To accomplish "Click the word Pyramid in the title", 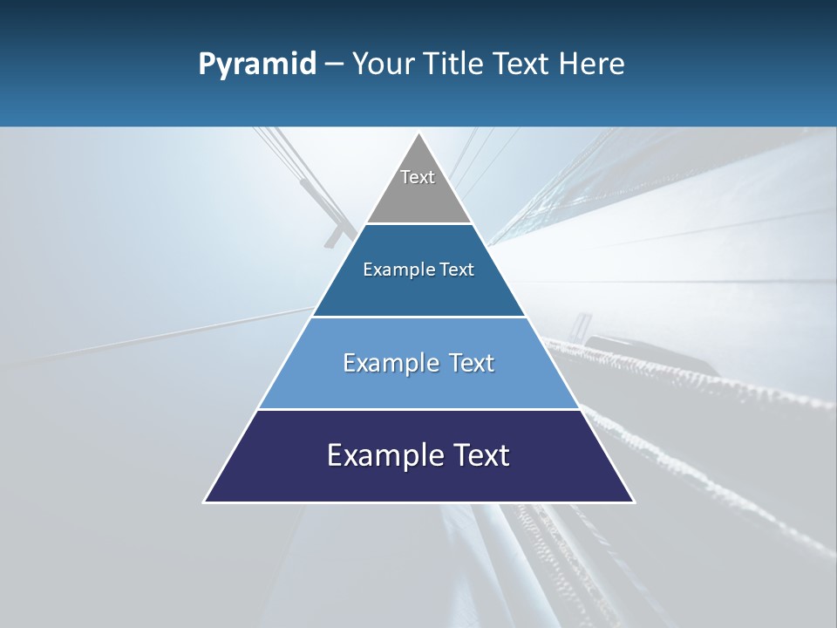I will pos(257,65).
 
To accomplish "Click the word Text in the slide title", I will pos(522,65).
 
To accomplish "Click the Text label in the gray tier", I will pos(418,177).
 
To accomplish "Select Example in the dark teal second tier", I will pos(396,270).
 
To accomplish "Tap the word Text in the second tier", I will pos(457,270).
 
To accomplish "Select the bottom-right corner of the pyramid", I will pos(634,502).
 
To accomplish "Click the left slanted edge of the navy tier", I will pos(231,456).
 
